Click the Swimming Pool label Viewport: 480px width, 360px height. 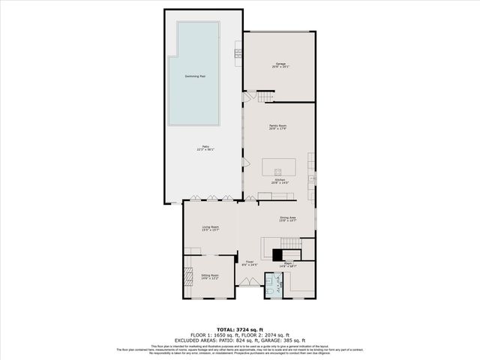[196, 76]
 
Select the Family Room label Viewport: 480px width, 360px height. [279, 127]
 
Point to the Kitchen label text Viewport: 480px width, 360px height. [279, 181]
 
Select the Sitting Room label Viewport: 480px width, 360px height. [210, 277]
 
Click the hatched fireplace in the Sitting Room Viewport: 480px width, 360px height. [188, 276]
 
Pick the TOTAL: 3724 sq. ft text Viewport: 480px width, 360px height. [240, 329]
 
